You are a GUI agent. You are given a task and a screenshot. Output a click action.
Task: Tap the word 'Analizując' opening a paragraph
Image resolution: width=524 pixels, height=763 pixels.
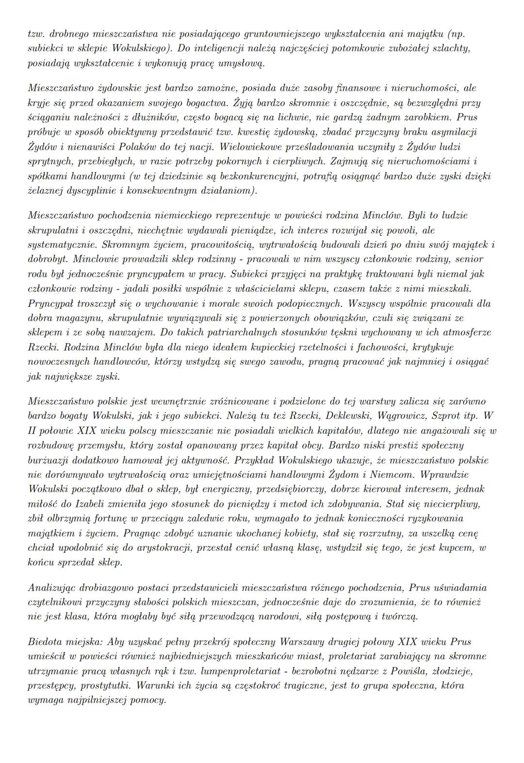(52, 587)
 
